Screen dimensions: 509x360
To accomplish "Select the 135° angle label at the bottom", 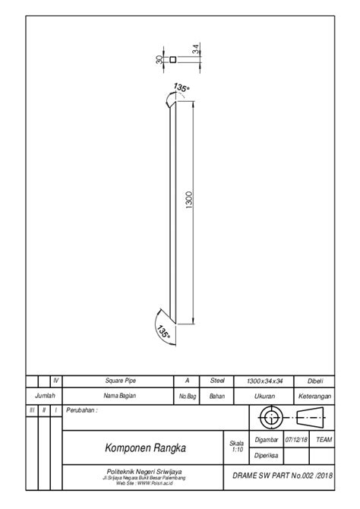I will click(x=163, y=331).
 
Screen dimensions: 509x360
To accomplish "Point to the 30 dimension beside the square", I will click(x=160, y=59).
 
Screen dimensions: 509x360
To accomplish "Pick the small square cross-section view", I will click(x=173, y=59).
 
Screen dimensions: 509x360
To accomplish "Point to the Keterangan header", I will click(x=314, y=396).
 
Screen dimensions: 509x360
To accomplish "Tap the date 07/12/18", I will click(x=295, y=439).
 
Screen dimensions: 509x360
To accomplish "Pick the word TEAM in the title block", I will click(x=324, y=439).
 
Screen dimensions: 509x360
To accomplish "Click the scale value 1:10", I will click(x=236, y=449).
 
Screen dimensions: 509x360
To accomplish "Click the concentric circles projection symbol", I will click(x=270, y=417).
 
